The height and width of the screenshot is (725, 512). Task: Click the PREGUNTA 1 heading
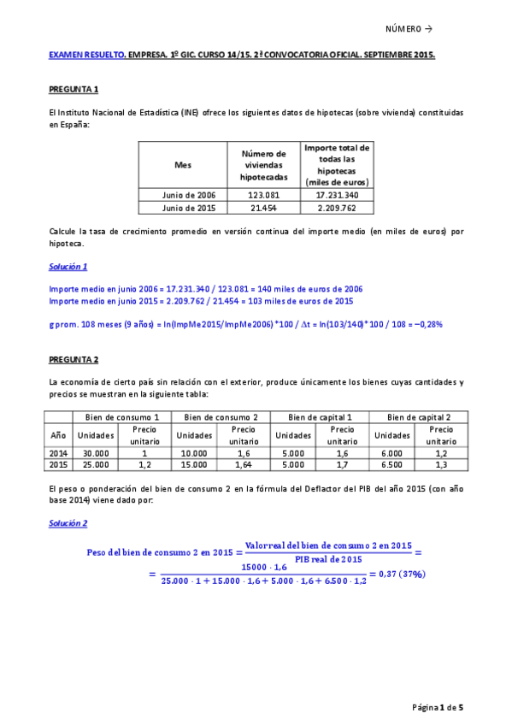(74, 89)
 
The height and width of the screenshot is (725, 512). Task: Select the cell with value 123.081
(262, 195)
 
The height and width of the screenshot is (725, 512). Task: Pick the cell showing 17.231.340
(337, 195)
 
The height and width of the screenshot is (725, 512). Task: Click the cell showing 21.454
(262, 207)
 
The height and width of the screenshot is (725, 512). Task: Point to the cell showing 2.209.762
(337, 207)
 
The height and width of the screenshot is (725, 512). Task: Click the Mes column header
(183, 165)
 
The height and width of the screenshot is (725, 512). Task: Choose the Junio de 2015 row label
(183, 207)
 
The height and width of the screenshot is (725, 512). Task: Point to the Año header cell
(58, 435)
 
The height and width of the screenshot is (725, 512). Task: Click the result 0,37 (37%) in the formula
(403, 574)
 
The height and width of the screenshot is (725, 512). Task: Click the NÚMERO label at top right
(409, 29)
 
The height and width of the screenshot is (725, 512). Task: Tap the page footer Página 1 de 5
(438, 707)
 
